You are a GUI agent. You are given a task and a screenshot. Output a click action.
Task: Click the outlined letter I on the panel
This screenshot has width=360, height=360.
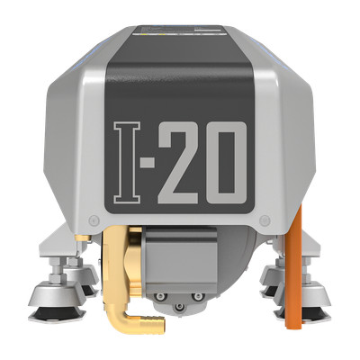point(127,163)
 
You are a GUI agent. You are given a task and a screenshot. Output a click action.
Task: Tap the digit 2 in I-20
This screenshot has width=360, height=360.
point(178,163)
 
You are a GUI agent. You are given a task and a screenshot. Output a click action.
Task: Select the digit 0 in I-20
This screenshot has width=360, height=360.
point(227,163)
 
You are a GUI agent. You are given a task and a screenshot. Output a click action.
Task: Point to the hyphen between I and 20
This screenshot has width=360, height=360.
point(148,163)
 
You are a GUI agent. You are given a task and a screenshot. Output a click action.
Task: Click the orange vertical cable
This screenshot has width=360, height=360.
point(293,267)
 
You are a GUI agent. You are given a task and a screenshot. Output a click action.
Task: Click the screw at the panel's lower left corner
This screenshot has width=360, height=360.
point(94,220)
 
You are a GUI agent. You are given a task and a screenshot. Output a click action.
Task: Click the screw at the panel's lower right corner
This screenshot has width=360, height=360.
point(265,220)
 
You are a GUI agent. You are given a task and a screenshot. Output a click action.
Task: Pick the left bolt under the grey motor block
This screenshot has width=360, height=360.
point(160,297)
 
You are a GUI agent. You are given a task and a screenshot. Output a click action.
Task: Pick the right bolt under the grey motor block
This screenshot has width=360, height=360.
point(198,297)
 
